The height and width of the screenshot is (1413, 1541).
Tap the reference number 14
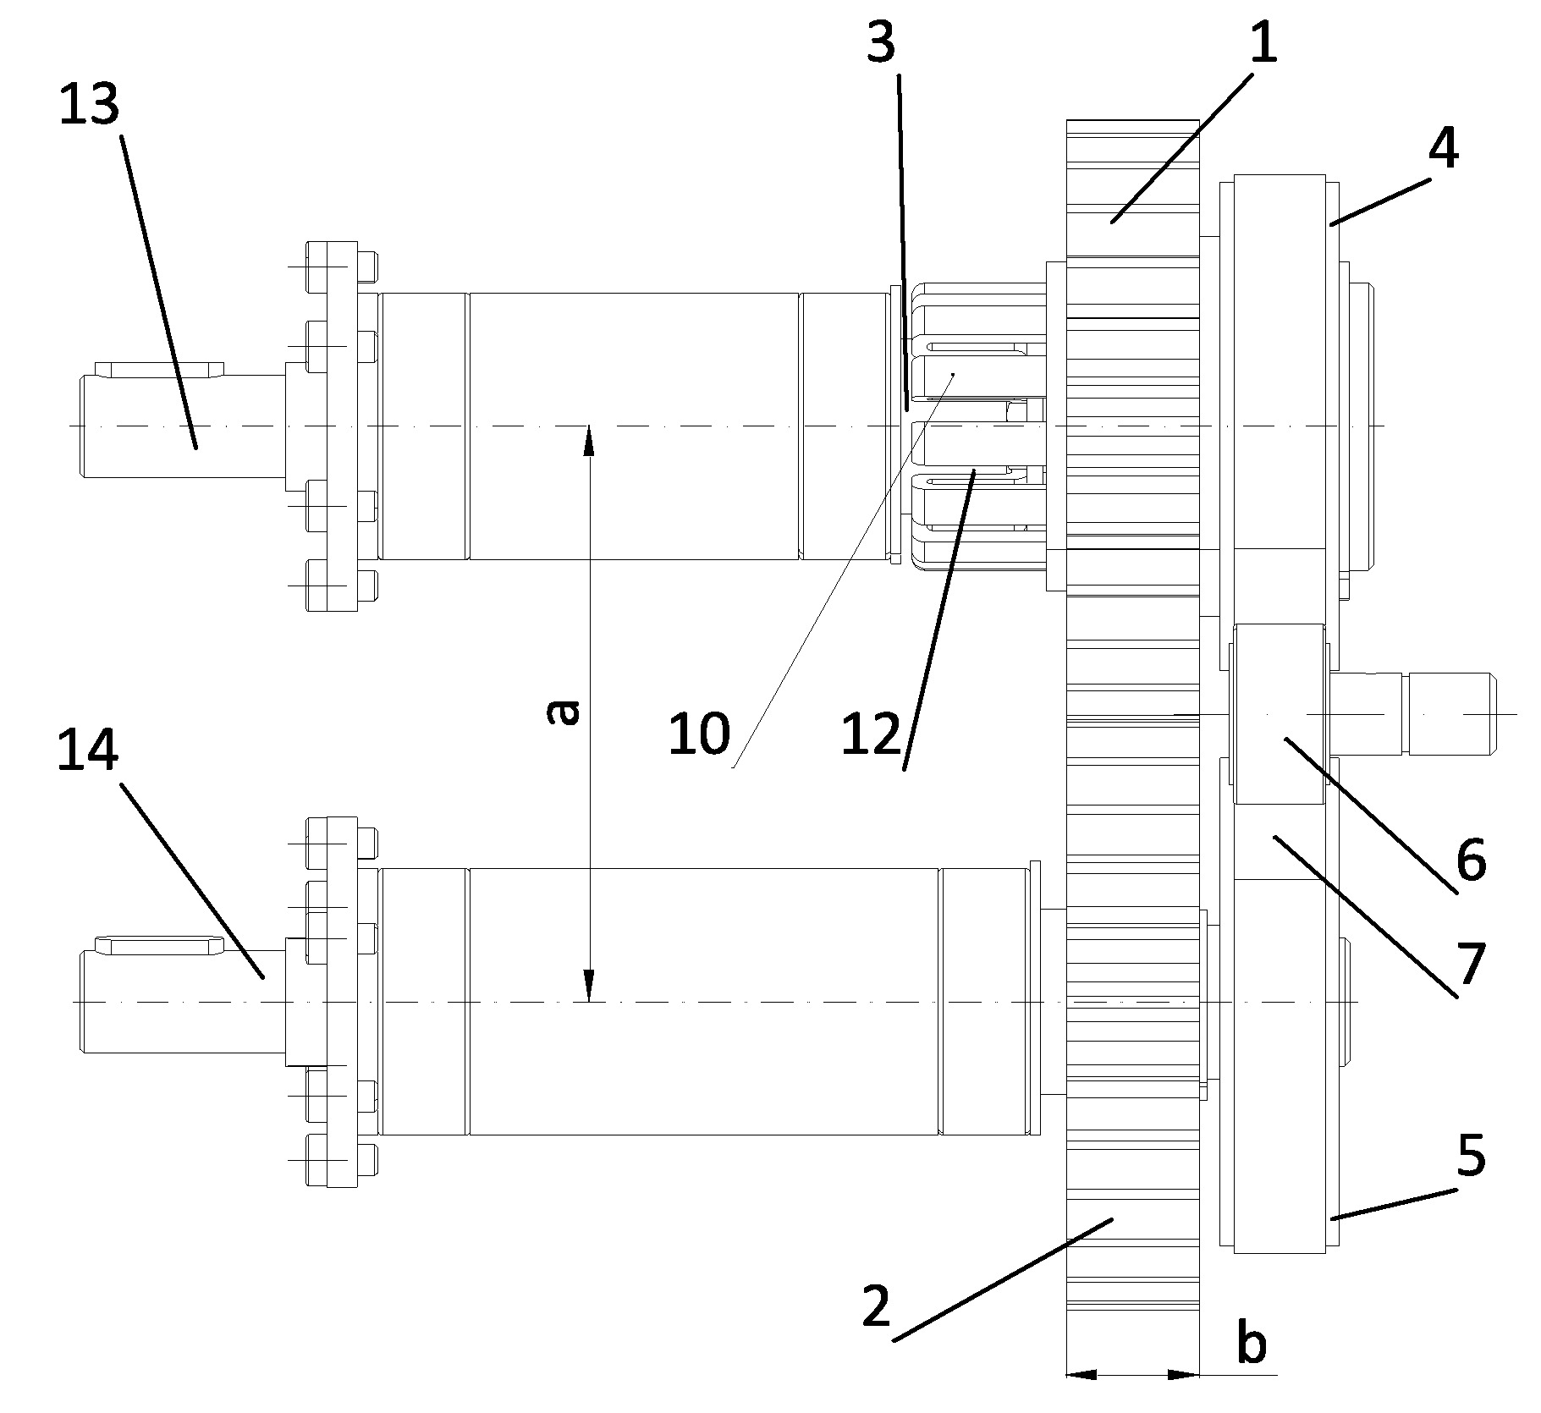(x=87, y=750)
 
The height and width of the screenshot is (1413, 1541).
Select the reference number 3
(x=881, y=43)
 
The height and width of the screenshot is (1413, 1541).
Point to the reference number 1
(x=1263, y=43)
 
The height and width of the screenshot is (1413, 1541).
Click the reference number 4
(x=1443, y=151)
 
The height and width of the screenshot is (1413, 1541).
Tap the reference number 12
(x=872, y=733)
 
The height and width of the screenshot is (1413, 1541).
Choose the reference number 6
(x=1470, y=860)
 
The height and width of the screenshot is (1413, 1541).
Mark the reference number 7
(x=1470, y=964)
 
